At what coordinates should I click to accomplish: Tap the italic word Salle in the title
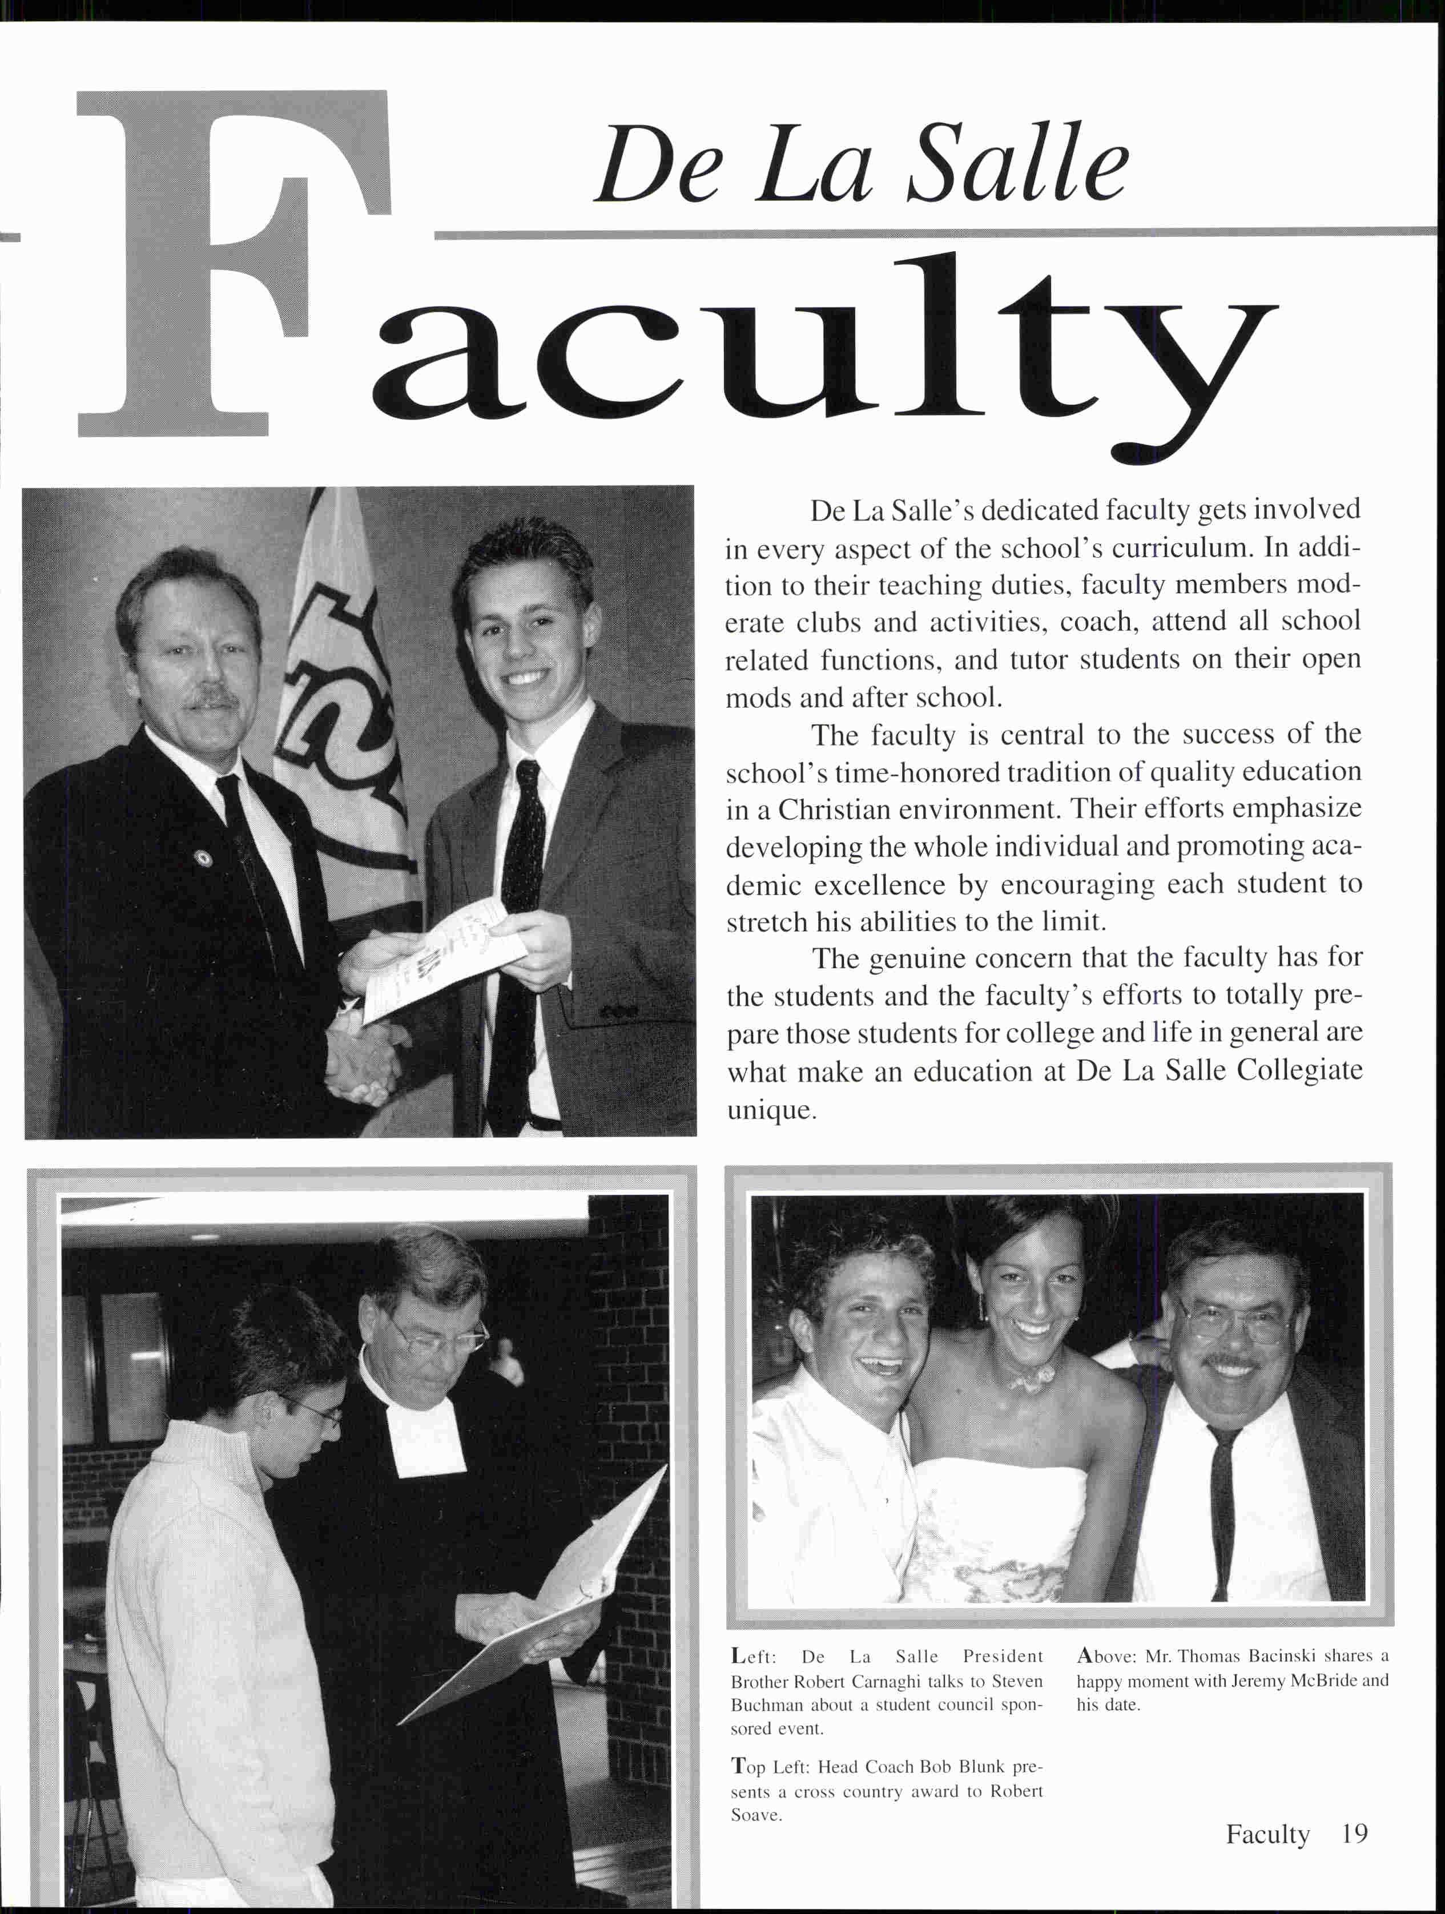[1021, 164]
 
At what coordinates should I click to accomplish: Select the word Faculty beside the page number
[1267, 1834]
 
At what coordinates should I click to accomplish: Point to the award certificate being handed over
[441, 956]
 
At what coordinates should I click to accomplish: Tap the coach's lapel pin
[204, 857]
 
